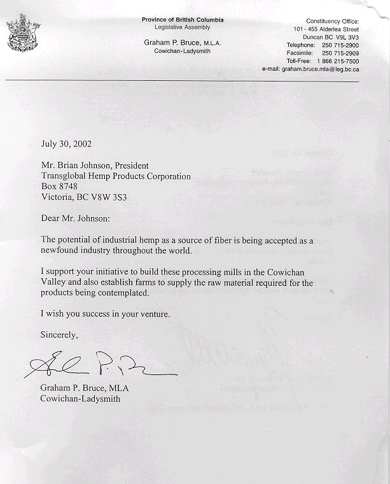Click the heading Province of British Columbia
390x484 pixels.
183,20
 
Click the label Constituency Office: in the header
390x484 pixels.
333,22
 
